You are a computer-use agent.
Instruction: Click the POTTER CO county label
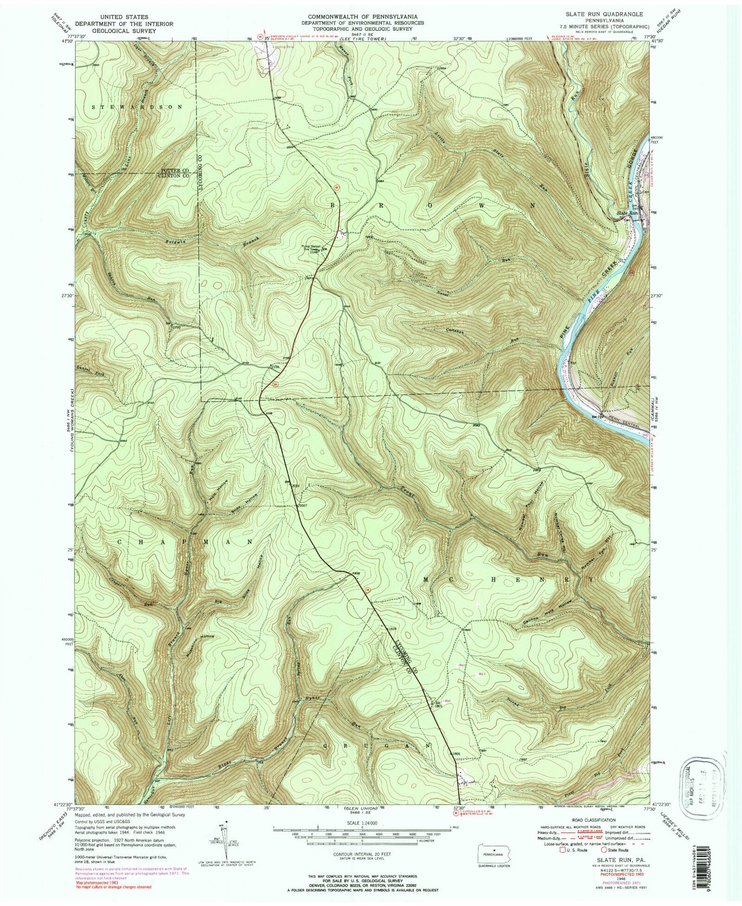pyautogui.click(x=176, y=170)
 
